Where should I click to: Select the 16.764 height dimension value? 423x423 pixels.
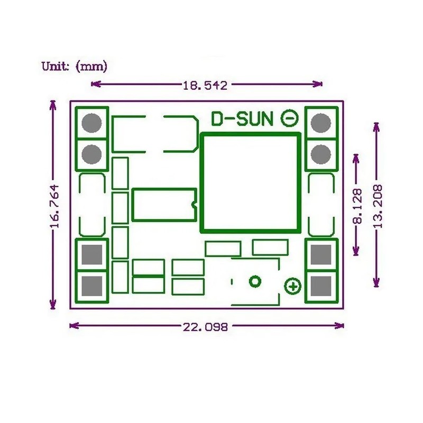[53, 206]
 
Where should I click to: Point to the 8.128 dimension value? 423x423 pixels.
[357, 207]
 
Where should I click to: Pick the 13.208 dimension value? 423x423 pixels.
[377, 206]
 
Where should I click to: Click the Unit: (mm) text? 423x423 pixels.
[75, 67]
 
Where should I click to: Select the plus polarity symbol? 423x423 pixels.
[292, 287]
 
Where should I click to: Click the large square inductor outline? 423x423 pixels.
[250, 182]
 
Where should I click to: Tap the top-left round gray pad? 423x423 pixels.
[92, 123]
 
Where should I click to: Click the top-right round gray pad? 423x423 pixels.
[320, 123]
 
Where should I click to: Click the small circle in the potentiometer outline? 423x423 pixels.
[255, 281]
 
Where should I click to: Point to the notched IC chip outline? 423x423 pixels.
[164, 205]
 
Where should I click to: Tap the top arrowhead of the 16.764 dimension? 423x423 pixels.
[52, 104]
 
